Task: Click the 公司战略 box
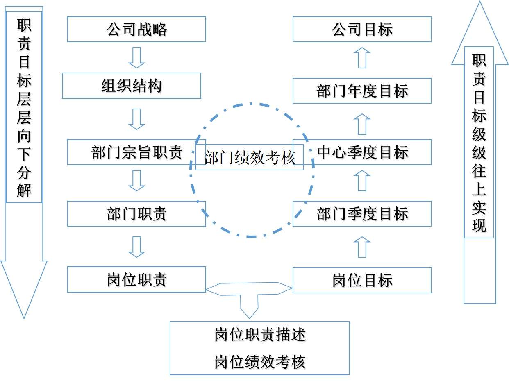(x=136, y=29)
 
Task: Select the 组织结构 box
(x=132, y=86)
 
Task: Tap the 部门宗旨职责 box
(x=131, y=152)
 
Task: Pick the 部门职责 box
(x=136, y=214)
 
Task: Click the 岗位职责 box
(x=136, y=280)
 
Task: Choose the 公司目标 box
(x=362, y=29)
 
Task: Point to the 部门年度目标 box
(x=362, y=91)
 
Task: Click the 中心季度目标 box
(x=362, y=152)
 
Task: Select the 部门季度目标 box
(x=362, y=214)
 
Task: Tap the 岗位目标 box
(x=362, y=280)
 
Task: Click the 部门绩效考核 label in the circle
(x=249, y=158)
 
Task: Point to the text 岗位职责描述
(x=260, y=335)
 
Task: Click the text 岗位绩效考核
(x=260, y=362)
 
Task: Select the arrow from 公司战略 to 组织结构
(x=136, y=58)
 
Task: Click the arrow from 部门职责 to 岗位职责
(x=136, y=247)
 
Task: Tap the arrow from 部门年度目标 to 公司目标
(x=362, y=58)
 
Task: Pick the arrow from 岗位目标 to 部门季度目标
(x=362, y=247)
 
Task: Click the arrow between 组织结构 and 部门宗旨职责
(x=136, y=119)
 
